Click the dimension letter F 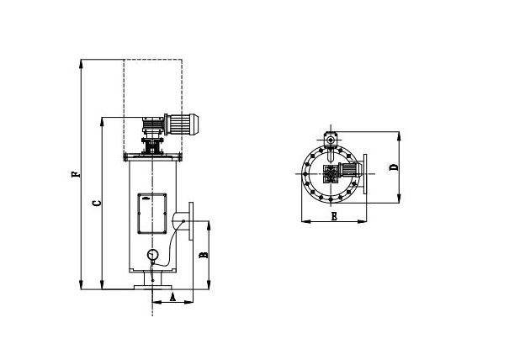click(x=75, y=176)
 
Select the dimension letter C click(x=96, y=203)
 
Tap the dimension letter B click(x=202, y=252)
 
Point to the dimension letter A click(x=172, y=296)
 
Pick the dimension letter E click(x=334, y=216)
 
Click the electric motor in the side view click(x=183, y=124)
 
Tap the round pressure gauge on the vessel click(x=152, y=256)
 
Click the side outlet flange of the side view click(x=193, y=221)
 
